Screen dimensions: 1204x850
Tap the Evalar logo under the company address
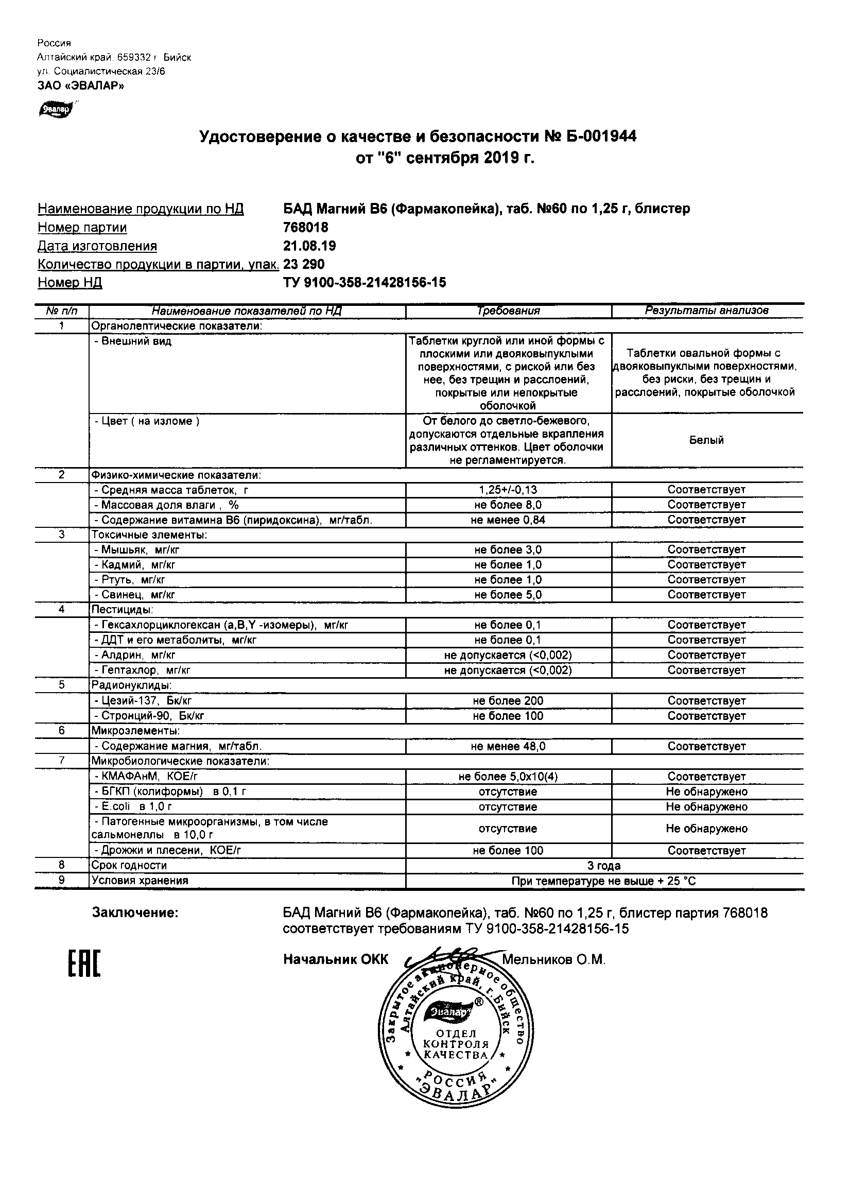(55, 109)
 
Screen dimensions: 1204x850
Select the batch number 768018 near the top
(306, 227)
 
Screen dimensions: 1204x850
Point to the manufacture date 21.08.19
(309, 246)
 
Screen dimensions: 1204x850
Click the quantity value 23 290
(304, 264)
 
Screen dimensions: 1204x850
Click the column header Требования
(508, 311)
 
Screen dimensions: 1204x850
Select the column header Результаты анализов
(706, 310)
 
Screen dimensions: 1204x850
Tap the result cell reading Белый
(706, 440)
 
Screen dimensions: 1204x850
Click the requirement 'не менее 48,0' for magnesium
(508, 746)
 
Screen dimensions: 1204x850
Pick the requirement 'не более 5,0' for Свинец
(508, 594)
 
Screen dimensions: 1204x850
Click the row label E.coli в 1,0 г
(133, 806)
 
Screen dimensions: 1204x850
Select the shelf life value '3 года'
(604, 865)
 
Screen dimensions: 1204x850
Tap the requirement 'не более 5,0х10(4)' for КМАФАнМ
(508, 776)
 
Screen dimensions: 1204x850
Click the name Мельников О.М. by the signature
(554, 959)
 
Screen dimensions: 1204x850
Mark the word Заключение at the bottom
(135, 913)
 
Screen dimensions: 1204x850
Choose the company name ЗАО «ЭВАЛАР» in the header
(81, 85)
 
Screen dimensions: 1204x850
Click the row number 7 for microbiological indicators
(62, 761)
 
